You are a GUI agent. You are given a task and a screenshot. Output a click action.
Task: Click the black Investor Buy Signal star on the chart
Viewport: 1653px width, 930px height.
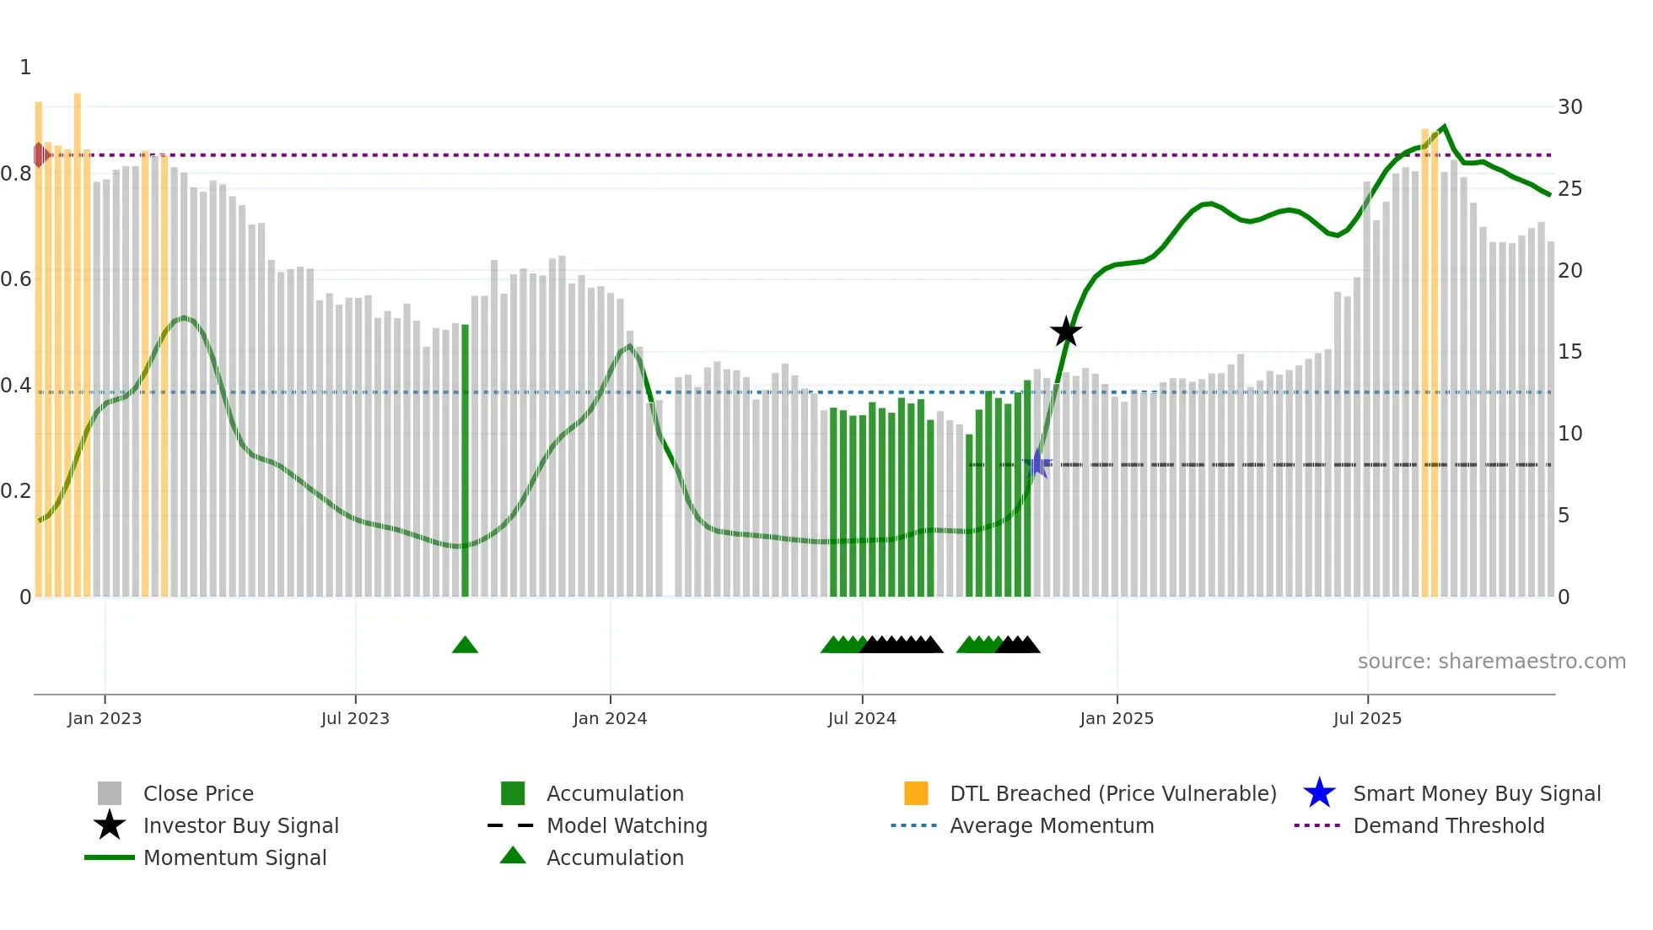coord(1066,332)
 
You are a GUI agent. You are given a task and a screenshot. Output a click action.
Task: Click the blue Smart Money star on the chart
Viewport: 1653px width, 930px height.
coord(1038,463)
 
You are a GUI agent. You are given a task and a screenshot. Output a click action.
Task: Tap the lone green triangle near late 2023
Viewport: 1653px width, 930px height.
coord(465,646)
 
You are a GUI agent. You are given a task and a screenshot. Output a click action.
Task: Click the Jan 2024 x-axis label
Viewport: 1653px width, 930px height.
coord(610,718)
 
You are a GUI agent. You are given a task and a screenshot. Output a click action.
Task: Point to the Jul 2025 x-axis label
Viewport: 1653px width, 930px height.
coord(1367,718)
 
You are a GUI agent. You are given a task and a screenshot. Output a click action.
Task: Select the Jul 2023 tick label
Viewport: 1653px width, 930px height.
coord(355,718)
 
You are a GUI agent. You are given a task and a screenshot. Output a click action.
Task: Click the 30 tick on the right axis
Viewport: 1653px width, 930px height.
coord(1570,107)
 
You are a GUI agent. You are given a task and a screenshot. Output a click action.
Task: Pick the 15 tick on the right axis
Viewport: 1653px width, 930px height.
coord(1570,352)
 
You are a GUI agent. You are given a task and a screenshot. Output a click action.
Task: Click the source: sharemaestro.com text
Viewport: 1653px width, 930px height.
coord(1491,662)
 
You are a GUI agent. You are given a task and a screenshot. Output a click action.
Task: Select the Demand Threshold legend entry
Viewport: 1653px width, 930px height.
coord(1448,825)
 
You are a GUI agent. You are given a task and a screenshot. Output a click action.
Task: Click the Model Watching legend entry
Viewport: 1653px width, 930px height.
coord(627,825)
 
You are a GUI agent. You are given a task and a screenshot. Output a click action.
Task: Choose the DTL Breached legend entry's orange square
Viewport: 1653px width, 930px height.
coord(916,793)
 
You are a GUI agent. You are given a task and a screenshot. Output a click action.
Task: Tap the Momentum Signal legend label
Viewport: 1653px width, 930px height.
coord(234,857)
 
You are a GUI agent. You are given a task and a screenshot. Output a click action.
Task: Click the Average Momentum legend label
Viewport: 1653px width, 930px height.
coord(1052,825)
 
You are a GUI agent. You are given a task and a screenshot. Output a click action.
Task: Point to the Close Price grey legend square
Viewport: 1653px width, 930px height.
coord(110,793)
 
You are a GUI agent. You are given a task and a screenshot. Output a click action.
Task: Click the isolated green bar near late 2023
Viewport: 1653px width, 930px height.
coord(465,460)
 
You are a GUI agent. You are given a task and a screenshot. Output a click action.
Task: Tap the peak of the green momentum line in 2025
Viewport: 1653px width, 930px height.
coord(1445,127)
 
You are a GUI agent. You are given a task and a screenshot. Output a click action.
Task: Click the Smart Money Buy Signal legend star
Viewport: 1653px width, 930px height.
coord(1319,793)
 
